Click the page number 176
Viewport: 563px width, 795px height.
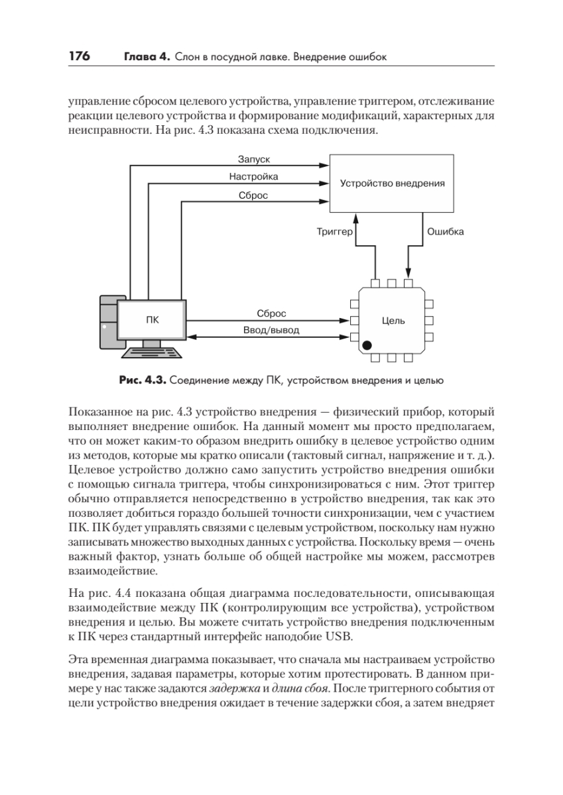pos(79,56)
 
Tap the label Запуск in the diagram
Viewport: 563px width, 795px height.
pos(253,159)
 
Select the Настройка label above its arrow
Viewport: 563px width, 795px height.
pos(253,176)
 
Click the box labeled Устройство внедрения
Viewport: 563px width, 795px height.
pos(391,183)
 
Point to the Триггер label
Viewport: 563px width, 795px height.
pos(335,232)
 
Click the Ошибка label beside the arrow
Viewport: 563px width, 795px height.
pos(445,232)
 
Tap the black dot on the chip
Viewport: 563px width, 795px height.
pos(367,345)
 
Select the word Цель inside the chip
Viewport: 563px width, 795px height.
pos(393,321)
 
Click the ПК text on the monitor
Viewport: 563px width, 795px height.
pos(153,320)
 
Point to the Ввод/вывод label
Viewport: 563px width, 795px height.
pos(271,330)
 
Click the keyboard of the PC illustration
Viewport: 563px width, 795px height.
pos(152,352)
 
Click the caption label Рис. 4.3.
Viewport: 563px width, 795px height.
pos(143,380)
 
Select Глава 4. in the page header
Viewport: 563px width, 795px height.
pos(147,57)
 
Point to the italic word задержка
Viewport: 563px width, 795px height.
pos(235,688)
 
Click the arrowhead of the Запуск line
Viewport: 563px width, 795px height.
pos(325,166)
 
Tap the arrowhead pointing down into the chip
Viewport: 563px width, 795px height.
pos(408,273)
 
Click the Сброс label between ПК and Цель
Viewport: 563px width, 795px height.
pos(271,313)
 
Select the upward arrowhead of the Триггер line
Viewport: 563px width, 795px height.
pos(356,217)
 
